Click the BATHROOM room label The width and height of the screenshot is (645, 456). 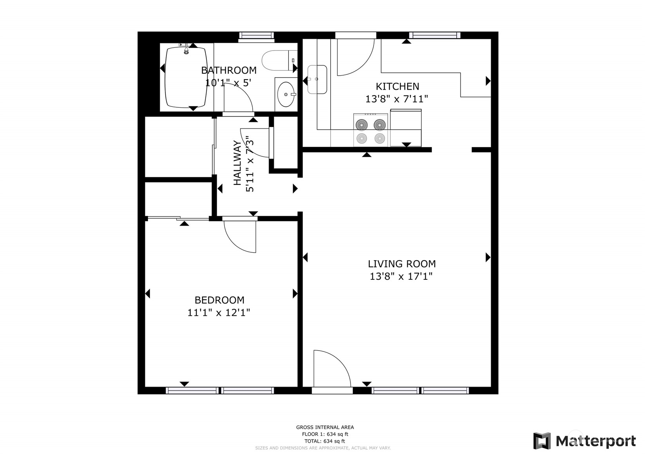(229, 70)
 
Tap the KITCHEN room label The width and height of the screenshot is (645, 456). (397, 87)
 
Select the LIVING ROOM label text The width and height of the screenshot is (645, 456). (402, 264)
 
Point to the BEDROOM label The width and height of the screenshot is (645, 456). (219, 300)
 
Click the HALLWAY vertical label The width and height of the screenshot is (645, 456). (237, 163)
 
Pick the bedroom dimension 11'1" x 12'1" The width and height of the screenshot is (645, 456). (219, 313)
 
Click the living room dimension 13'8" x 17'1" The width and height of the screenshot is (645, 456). (401, 277)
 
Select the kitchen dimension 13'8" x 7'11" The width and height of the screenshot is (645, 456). (397, 99)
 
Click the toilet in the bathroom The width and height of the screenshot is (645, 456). (279, 60)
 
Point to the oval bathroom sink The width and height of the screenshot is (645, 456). (286, 94)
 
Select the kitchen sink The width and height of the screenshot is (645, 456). (317, 80)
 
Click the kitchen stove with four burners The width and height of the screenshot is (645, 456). (370, 130)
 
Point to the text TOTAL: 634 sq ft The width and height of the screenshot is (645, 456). (325, 441)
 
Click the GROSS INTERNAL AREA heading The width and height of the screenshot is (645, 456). (325, 427)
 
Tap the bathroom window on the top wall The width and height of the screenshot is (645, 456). (256, 35)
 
